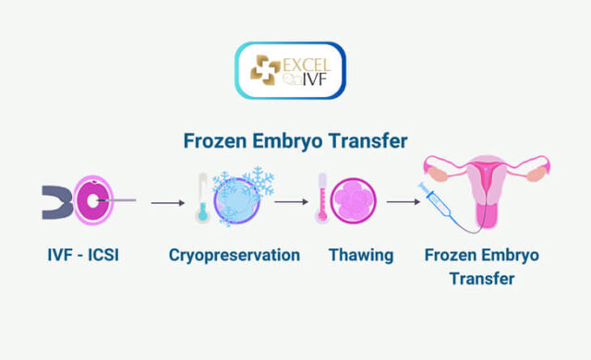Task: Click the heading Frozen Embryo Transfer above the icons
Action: (295, 141)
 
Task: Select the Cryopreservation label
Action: (234, 254)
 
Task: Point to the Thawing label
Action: (360, 254)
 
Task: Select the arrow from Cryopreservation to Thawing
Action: (291, 201)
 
